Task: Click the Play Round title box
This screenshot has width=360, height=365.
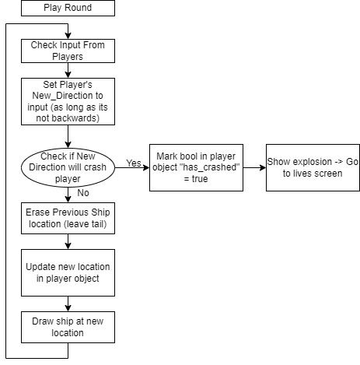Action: pos(68,8)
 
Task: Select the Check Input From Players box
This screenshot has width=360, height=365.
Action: pos(68,51)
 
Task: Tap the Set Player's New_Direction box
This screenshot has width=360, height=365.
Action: pos(68,101)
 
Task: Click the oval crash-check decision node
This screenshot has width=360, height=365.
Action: pos(68,167)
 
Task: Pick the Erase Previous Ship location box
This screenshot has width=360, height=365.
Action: pos(68,218)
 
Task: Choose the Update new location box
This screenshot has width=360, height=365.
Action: pos(68,272)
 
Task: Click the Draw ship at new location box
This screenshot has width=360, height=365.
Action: pos(68,327)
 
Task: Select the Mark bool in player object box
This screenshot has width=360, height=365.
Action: pos(196,167)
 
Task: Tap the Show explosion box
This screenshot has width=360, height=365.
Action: pos(313,167)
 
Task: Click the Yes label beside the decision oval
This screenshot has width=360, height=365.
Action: pos(134,163)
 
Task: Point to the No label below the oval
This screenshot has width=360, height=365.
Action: pos(83,193)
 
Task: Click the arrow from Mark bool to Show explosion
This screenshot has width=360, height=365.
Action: pos(254,167)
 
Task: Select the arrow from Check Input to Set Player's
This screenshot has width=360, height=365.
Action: pos(68,70)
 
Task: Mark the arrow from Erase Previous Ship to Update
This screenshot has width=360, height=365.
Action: pos(68,241)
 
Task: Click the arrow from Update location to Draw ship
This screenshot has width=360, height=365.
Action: pos(68,304)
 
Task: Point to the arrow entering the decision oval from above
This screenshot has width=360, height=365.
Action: pos(68,136)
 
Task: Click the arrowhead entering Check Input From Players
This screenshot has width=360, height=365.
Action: pos(68,36)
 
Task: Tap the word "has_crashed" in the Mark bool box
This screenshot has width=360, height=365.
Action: pos(209,167)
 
